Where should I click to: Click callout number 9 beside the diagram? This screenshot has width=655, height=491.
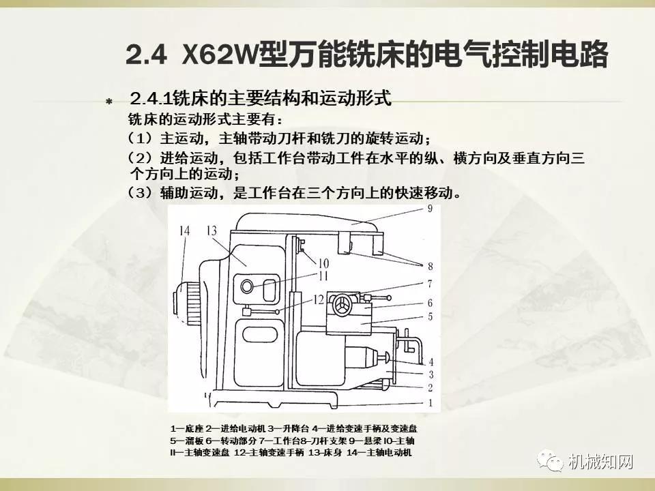point(431,210)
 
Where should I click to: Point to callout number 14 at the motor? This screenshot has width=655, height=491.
point(185,230)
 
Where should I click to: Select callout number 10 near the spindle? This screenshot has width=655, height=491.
point(323,263)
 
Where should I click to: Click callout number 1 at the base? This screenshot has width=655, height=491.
point(430,402)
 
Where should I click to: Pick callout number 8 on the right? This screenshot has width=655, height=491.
point(431,266)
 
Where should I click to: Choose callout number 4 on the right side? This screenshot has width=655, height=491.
point(431,361)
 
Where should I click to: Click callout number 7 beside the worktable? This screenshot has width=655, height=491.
point(430,283)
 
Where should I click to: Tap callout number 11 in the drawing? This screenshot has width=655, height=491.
point(323,276)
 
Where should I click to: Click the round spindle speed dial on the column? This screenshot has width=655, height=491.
point(246,285)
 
